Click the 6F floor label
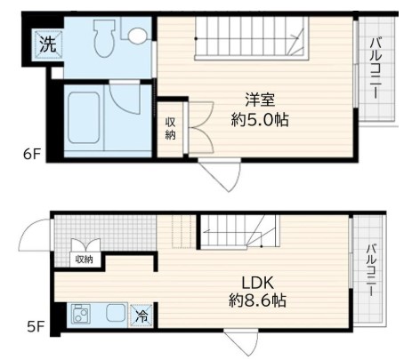point(31,153)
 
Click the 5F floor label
point(34,326)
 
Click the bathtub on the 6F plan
point(85,118)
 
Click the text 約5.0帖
point(261,119)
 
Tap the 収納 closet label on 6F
point(170,128)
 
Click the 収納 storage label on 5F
point(85,260)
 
